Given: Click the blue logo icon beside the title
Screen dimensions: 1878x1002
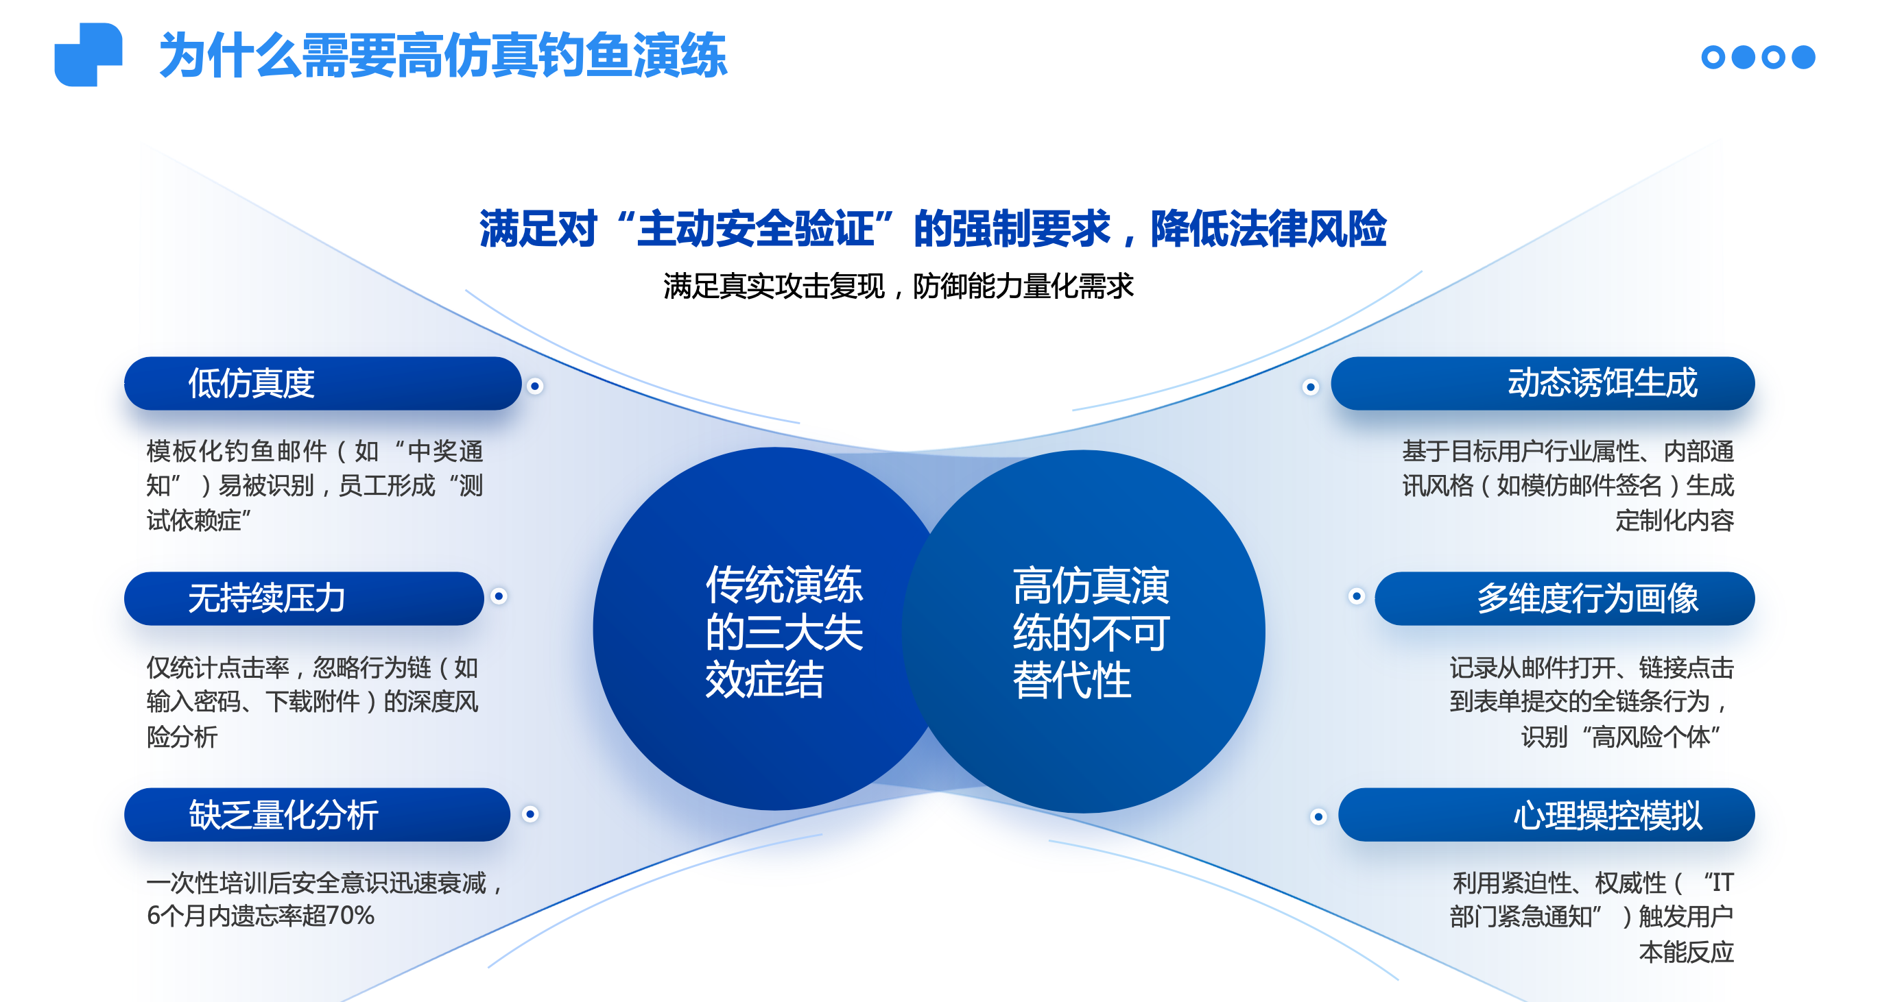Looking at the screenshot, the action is click(x=88, y=55).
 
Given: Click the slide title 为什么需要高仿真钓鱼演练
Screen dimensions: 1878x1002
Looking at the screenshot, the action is click(x=443, y=56).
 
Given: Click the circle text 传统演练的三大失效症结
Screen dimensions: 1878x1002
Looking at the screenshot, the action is click(x=784, y=632).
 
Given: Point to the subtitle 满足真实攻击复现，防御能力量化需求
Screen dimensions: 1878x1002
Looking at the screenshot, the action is click(x=898, y=286).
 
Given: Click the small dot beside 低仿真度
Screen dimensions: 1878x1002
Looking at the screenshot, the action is click(x=535, y=387).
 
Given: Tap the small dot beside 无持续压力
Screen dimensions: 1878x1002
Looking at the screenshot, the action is click(x=499, y=596).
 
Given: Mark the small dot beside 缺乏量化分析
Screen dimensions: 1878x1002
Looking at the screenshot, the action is click(x=531, y=814).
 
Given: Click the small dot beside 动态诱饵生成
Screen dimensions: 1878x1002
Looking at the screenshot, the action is click(x=1311, y=387).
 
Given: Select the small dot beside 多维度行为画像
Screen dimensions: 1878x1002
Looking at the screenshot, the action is click(x=1356, y=596).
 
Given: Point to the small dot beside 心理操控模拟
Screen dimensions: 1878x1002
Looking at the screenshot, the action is click(x=1318, y=816).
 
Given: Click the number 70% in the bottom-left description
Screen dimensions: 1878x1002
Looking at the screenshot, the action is click(x=350, y=915).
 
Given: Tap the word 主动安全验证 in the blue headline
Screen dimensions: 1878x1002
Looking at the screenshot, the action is click(x=755, y=229).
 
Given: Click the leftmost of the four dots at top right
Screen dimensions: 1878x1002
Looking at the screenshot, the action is click(x=1713, y=57).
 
